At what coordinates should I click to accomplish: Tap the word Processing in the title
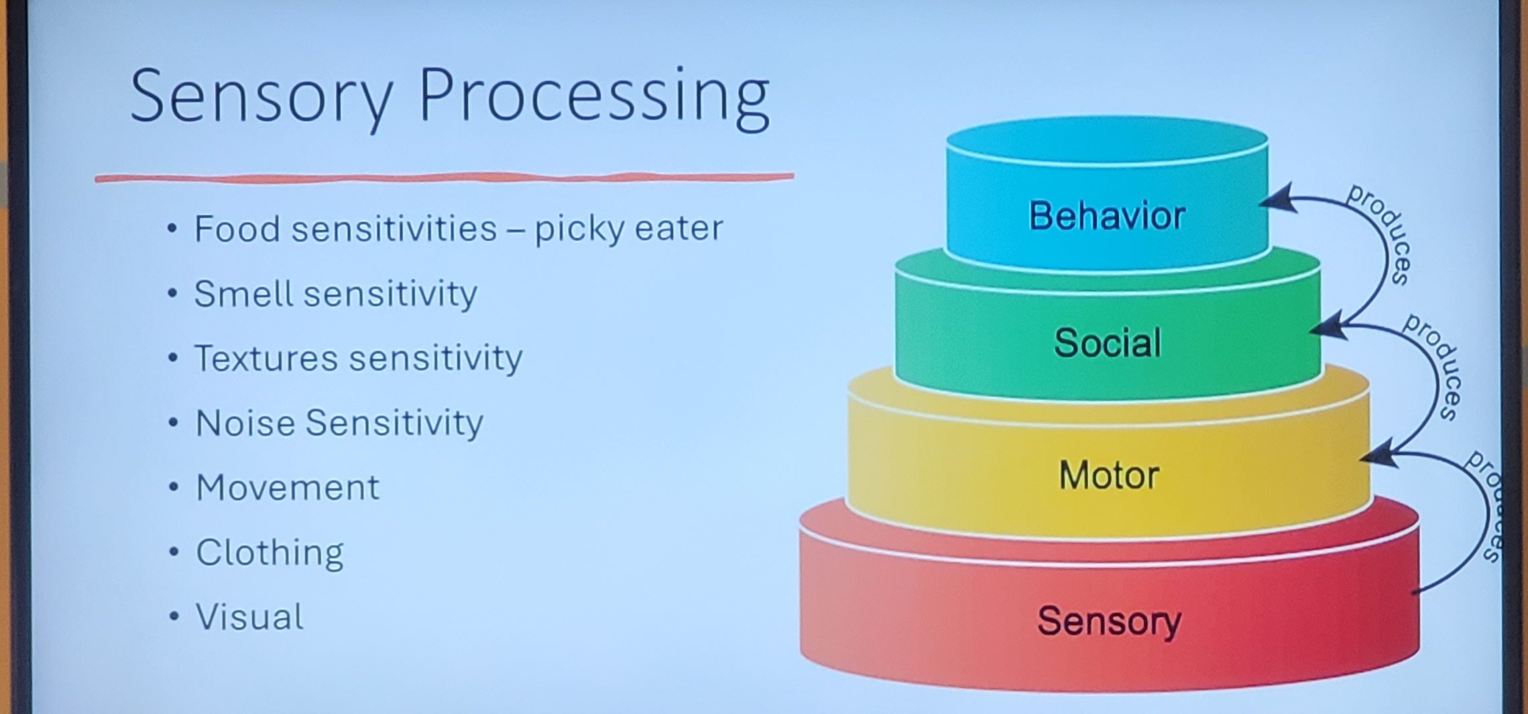pyautogui.click(x=593, y=98)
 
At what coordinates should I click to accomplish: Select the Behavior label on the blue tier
pyautogui.click(x=1107, y=215)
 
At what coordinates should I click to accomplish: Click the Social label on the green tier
pyautogui.click(x=1108, y=343)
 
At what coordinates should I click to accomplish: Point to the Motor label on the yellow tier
pyautogui.click(x=1109, y=475)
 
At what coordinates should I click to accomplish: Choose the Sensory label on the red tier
pyautogui.click(x=1109, y=621)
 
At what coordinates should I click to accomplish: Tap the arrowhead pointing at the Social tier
pyautogui.click(x=1328, y=327)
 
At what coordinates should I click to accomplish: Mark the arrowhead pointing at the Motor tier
pyautogui.click(x=1379, y=455)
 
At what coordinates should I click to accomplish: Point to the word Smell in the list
pyautogui.click(x=244, y=293)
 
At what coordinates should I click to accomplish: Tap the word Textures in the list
pyautogui.click(x=267, y=358)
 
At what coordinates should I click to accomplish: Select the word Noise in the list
pyautogui.click(x=245, y=423)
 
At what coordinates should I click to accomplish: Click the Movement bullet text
pyautogui.click(x=288, y=487)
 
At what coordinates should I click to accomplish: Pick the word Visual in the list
pyautogui.click(x=249, y=617)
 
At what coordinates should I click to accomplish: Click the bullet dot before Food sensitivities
pyautogui.click(x=173, y=229)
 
